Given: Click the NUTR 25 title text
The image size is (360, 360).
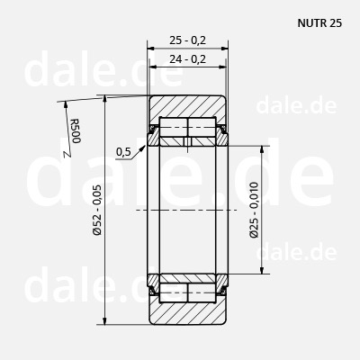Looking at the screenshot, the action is (x=319, y=23).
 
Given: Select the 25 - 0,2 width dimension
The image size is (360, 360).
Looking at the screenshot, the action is (x=188, y=40).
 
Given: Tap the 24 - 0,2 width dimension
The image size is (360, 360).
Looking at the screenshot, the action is (x=188, y=58).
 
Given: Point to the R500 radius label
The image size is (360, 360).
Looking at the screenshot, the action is (x=76, y=131).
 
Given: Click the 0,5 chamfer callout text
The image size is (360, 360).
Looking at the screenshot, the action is (x=123, y=152).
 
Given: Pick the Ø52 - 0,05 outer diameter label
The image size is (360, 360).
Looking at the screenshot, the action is (x=97, y=210).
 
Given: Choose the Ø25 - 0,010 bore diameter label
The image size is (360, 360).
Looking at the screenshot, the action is (x=254, y=210).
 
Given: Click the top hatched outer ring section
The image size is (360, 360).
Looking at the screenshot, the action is (x=187, y=106).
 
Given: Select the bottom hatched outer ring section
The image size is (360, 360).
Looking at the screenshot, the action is (x=187, y=313).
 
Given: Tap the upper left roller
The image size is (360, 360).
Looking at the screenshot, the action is (x=174, y=127).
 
